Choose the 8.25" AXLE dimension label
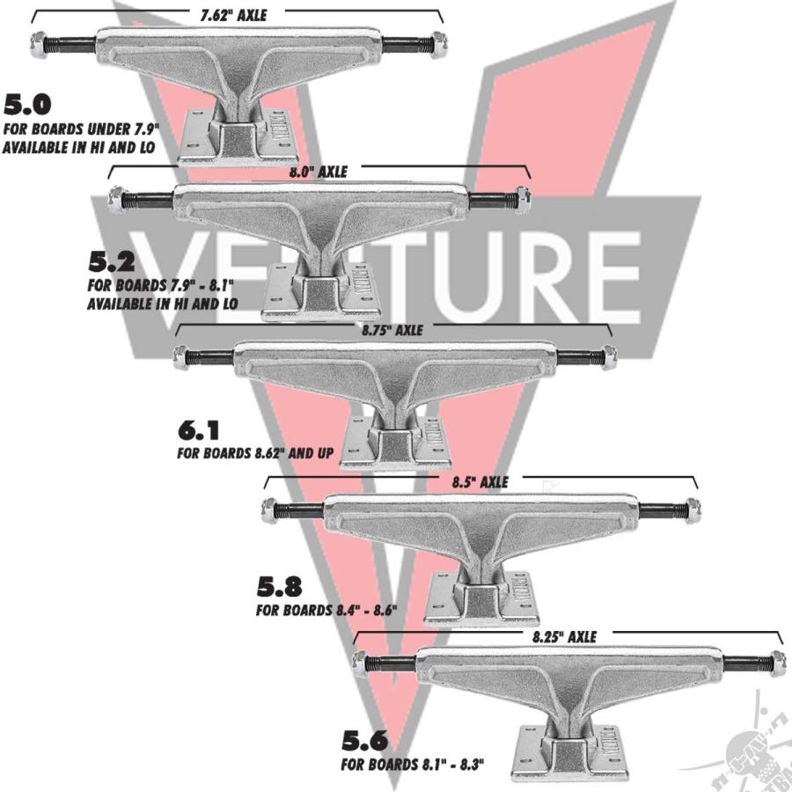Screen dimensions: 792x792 [564, 635]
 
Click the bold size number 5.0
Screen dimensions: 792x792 [27, 106]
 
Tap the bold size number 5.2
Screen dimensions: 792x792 [113, 262]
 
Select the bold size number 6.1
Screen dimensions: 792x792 [199, 432]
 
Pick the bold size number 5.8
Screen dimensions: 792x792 [280, 585]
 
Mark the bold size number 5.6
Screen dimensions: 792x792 [364, 739]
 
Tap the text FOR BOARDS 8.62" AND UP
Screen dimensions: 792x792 [257, 455]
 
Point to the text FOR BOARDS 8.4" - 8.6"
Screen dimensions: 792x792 [326, 609]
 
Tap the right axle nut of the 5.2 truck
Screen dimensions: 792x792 [520, 198]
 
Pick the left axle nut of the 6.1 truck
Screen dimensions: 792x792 [182, 356]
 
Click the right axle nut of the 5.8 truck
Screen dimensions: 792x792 [692, 509]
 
